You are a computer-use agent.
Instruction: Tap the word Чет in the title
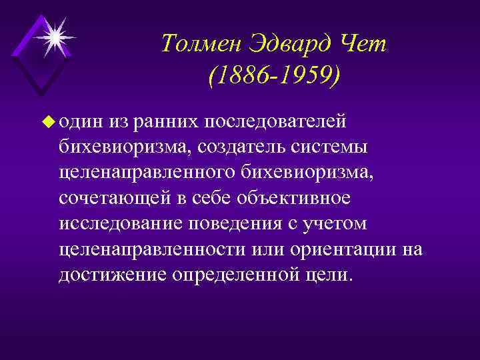pyautogui.click(x=359, y=45)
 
